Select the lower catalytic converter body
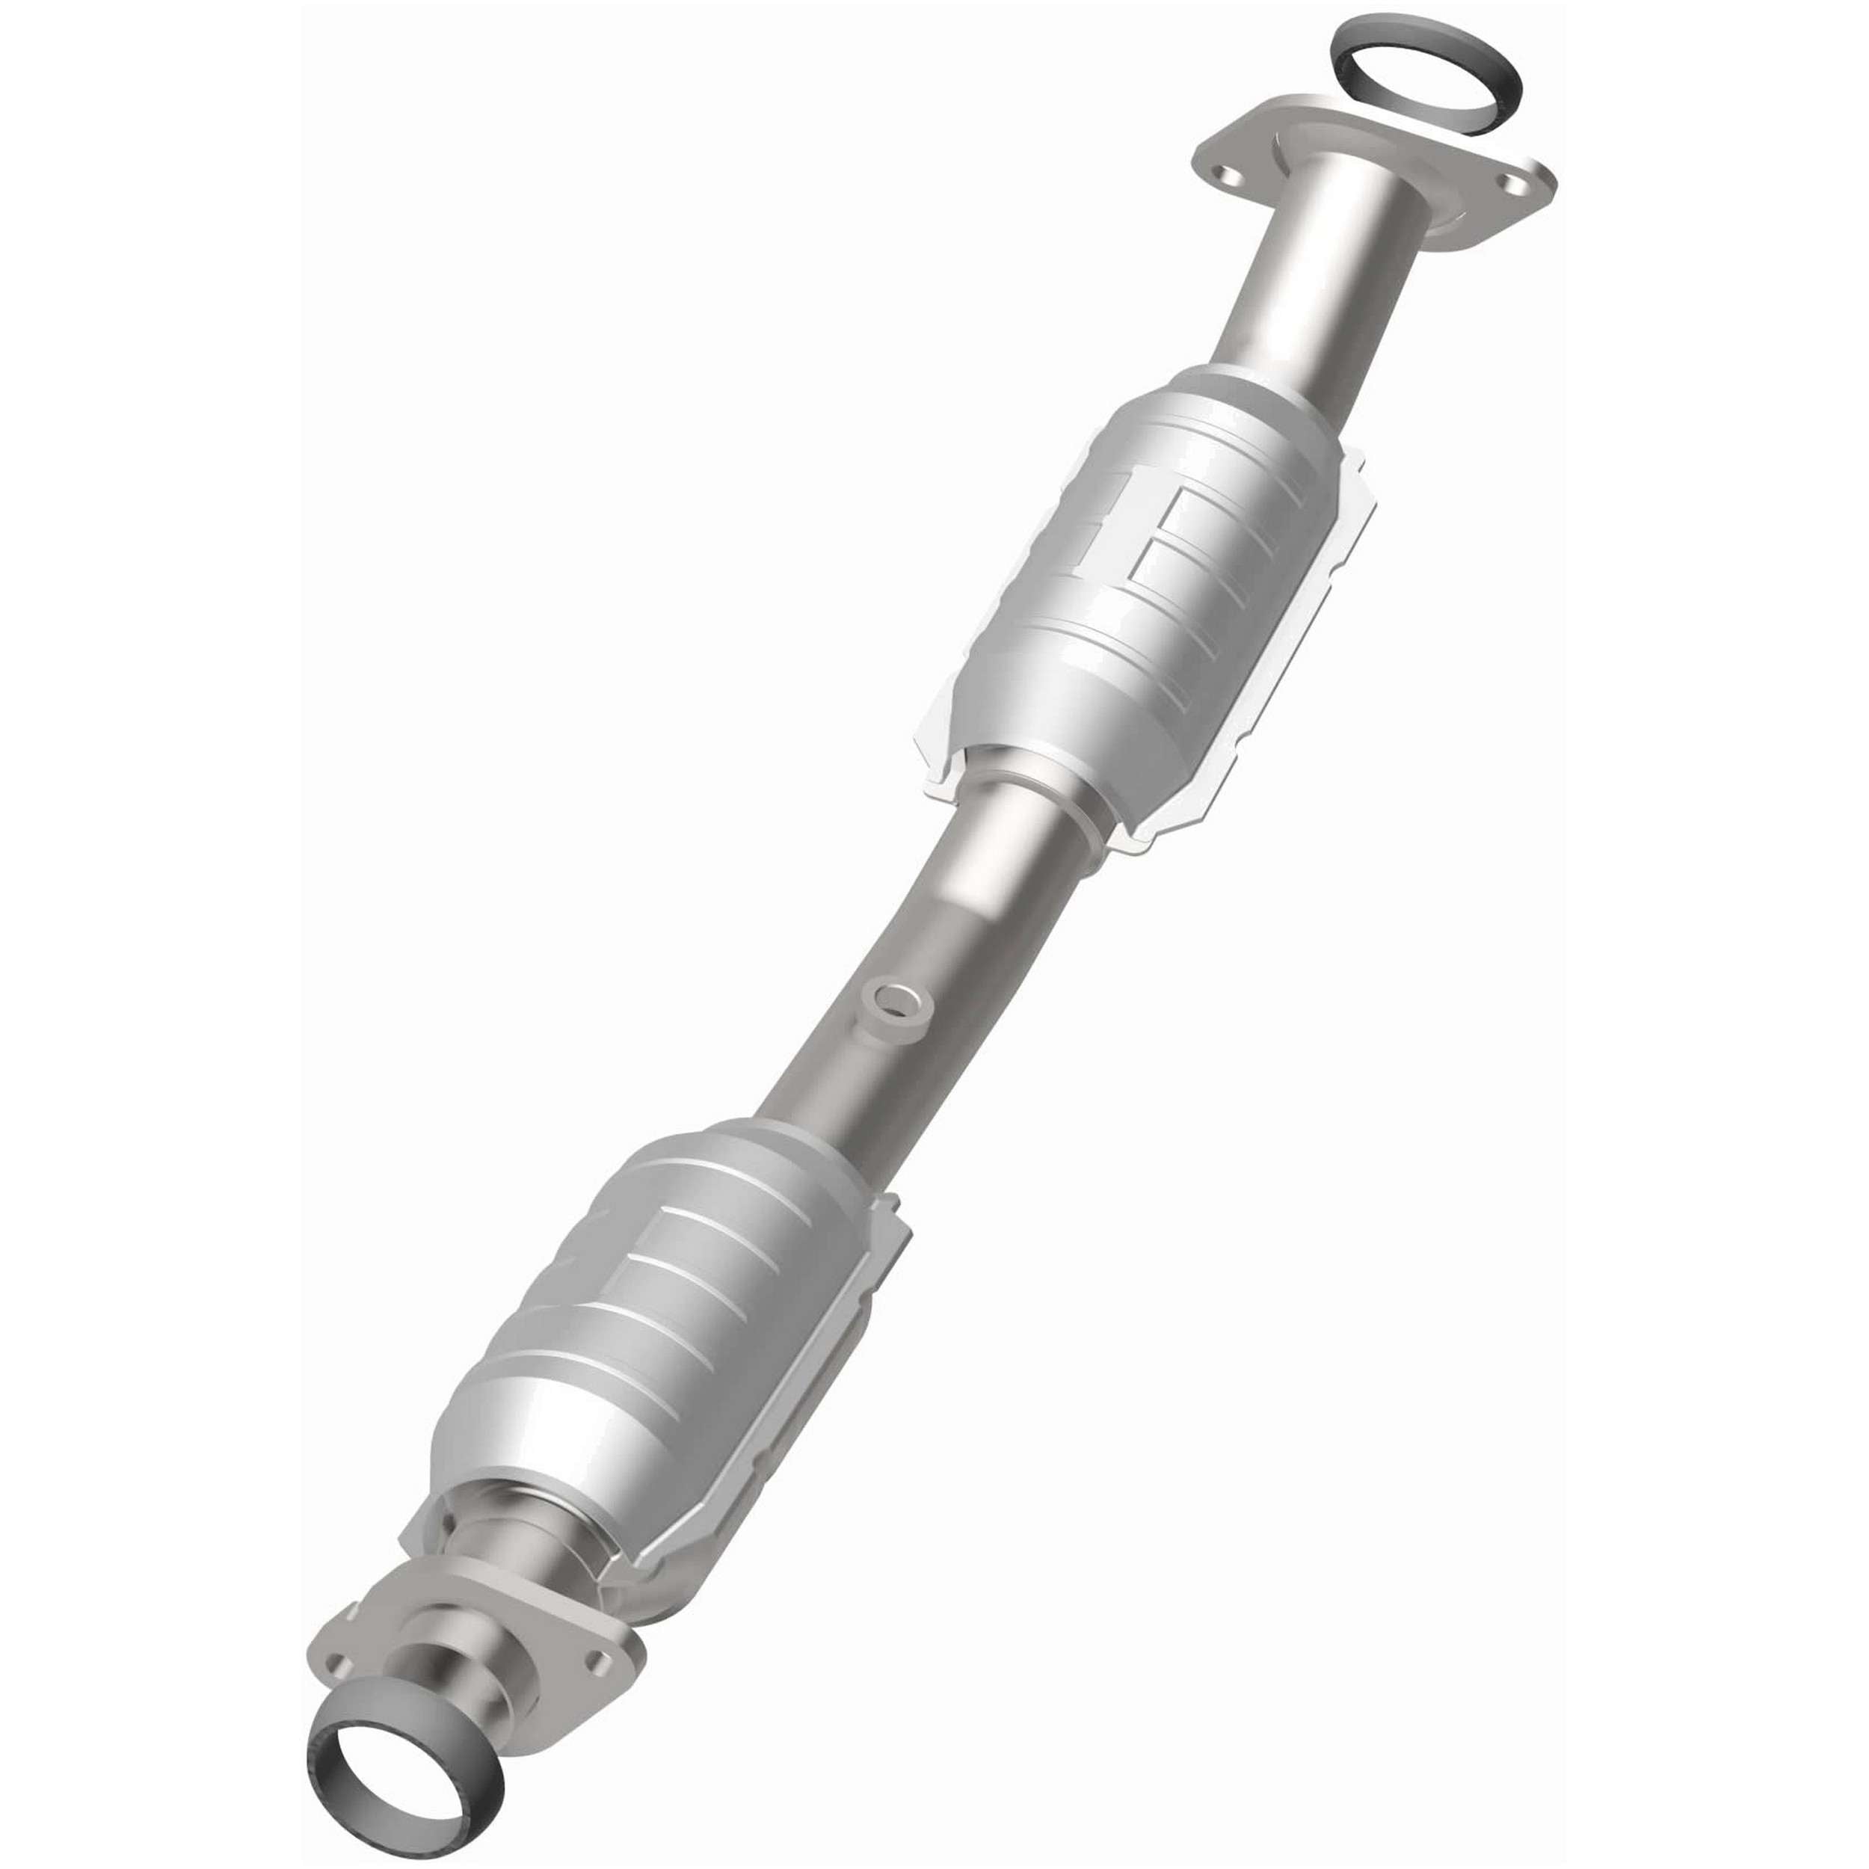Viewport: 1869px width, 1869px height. (668, 1296)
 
